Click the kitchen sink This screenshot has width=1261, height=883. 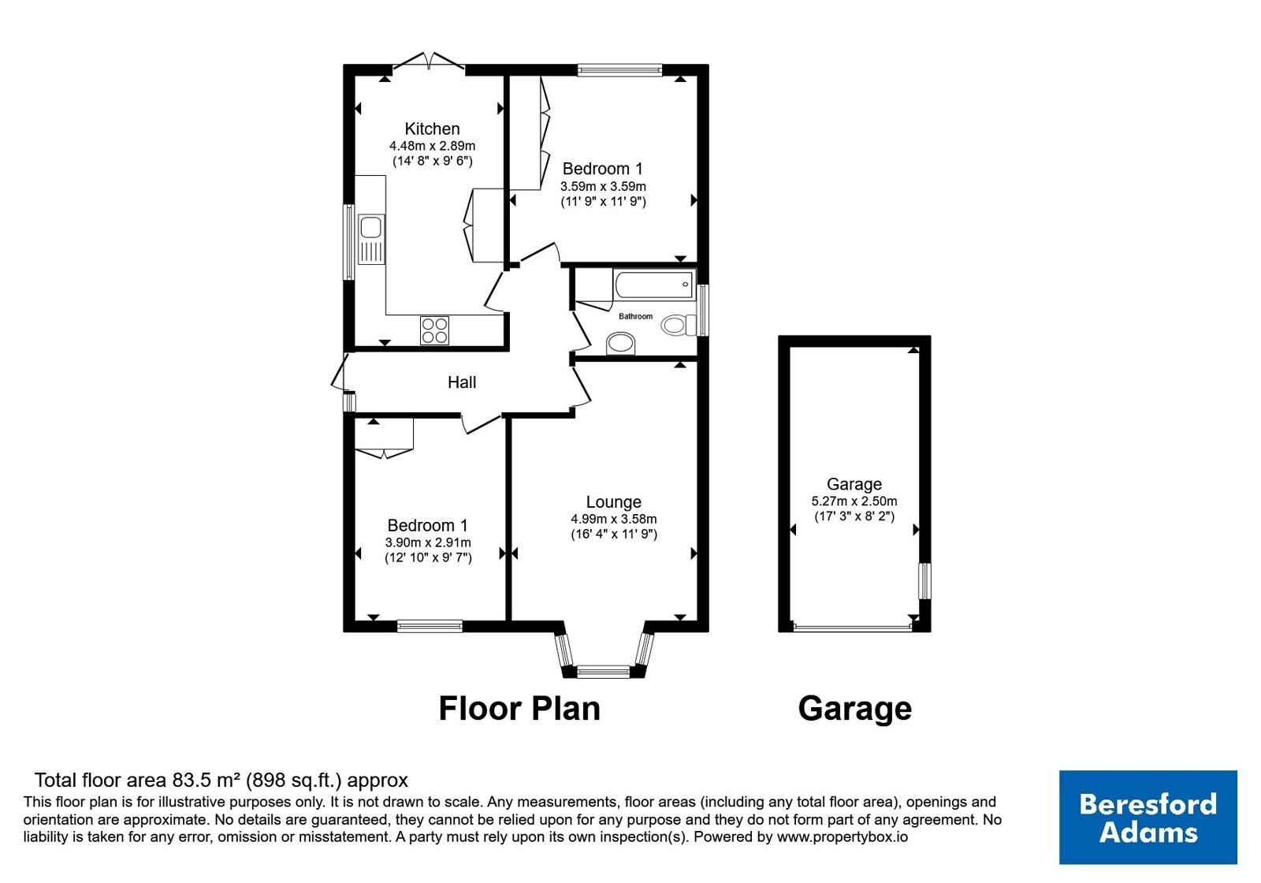(371, 240)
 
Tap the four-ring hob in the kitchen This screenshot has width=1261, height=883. (434, 330)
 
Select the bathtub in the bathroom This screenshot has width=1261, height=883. (653, 285)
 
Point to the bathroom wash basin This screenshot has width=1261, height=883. (620, 344)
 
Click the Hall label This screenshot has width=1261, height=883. (462, 383)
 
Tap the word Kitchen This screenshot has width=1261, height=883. (433, 129)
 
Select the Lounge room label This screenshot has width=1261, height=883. (614, 501)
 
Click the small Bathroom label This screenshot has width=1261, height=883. (635, 316)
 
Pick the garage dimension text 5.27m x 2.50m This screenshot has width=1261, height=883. (854, 501)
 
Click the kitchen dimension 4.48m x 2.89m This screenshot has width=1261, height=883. (433, 146)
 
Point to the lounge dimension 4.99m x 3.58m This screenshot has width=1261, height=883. (614, 520)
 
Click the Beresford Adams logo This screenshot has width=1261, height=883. (1148, 817)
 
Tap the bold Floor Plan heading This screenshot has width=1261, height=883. (519, 709)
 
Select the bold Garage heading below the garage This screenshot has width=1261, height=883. (854, 709)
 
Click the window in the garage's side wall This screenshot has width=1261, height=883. (924, 580)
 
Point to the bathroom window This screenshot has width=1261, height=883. (702, 311)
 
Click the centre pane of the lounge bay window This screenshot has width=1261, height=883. (604, 671)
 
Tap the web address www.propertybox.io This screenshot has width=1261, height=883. (843, 836)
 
